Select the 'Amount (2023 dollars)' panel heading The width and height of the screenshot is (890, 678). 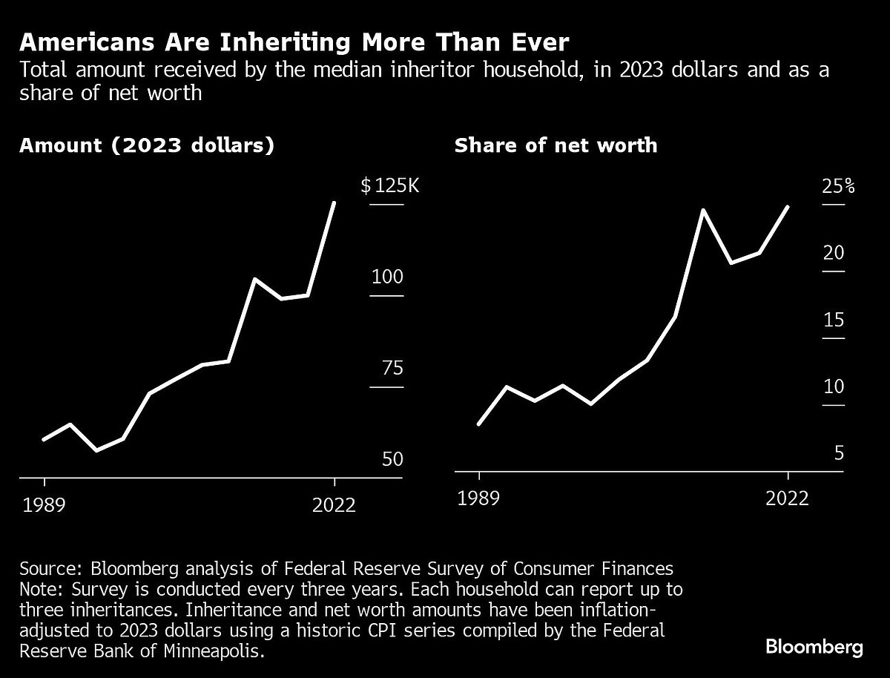click(147, 145)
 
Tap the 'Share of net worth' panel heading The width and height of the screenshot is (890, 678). click(556, 145)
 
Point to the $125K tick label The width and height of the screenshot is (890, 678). click(390, 185)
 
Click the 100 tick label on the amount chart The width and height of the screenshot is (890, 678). click(386, 277)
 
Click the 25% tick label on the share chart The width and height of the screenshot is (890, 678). click(838, 185)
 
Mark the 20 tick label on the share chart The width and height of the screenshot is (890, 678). click(834, 253)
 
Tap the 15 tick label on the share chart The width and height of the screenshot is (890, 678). click(834, 320)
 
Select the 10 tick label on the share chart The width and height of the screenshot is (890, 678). click(834, 387)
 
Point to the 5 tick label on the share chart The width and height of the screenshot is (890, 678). click(839, 453)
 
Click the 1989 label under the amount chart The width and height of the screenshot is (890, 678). click(44, 506)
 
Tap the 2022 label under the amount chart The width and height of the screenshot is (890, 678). click(334, 506)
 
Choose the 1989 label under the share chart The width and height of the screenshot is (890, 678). click(479, 498)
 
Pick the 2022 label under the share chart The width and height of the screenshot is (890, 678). click(787, 498)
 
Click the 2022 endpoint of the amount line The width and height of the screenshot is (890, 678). click(334, 203)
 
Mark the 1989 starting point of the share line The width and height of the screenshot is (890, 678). click(479, 424)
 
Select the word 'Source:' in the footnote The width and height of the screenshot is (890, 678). click(52, 569)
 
